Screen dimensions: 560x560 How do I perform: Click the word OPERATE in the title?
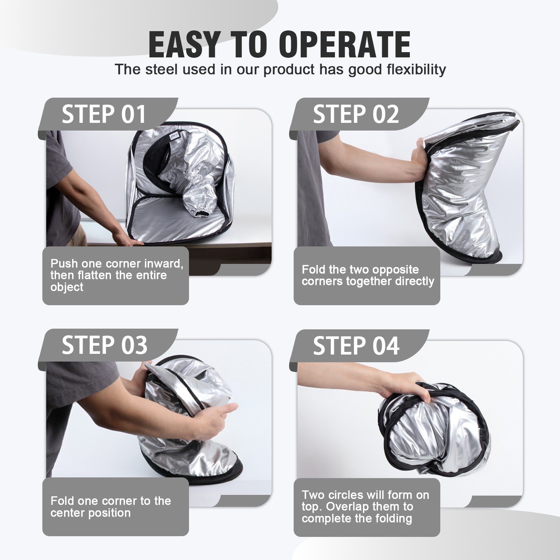[344, 45]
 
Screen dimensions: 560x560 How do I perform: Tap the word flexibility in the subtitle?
[416, 69]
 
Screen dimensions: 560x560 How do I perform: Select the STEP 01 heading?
[104, 114]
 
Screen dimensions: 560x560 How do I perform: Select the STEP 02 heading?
[356, 114]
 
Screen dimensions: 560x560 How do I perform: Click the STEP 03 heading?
[104, 345]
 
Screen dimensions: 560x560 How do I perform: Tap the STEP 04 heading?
[356, 346]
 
